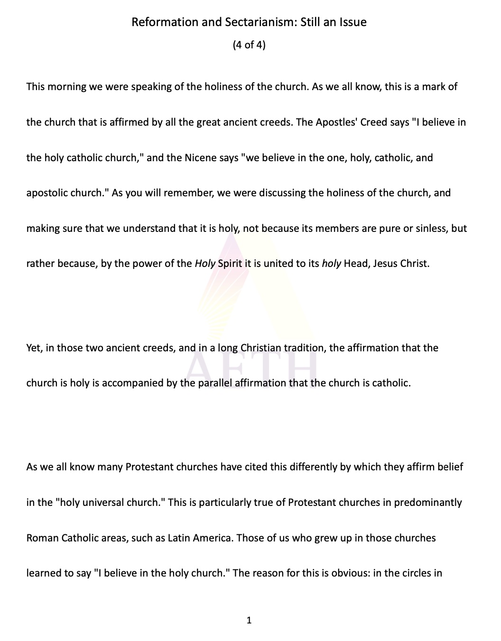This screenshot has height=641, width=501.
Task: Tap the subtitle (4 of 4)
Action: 249,45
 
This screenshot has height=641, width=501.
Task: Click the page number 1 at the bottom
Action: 249,620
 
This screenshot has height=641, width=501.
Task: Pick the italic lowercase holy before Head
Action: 332,264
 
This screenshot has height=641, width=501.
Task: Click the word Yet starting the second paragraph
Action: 33,348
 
